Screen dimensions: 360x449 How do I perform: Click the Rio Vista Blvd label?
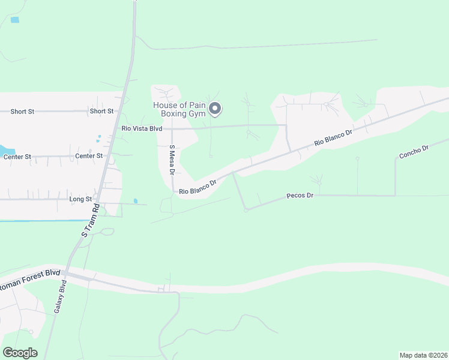pyautogui.click(x=142, y=128)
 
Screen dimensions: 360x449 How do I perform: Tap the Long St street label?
pyautogui.click(x=80, y=199)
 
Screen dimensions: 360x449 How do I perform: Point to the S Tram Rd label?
pyautogui.click(x=89, y=220)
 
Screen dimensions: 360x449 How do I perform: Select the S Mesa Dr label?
pyautogui.click(x=172, y=160)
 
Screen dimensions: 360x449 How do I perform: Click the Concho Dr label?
pyautogui.click(x=414, y=151)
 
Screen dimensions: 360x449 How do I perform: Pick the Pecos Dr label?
pyautogui.click(x=300, y=196)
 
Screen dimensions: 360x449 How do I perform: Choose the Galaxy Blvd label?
pyautogui.click(x=59, y=298)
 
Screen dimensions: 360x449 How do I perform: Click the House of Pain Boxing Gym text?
pyautogui.click(x=179, y=109)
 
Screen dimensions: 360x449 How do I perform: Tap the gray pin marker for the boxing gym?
pyautogui.click(x=215, y=109)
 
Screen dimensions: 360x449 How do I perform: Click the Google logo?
pyautogui.click(x=20, y=353)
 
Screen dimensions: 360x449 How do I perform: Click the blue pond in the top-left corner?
pyautogui.click(x=14, y=20)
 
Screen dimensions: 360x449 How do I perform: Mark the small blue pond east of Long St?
pyautogui.click(x=136, y=200)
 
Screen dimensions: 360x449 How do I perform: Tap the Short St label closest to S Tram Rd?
pyautogui.click(x=101, y=111)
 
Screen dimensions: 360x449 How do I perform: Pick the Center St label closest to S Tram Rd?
pyautogui.click(x=89, y=156)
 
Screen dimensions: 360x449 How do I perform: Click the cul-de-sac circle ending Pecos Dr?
pyautogui.click(x=246, y=210)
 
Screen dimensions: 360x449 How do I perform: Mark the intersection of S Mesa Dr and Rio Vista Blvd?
pyautogui.click(x=172, y=128)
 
